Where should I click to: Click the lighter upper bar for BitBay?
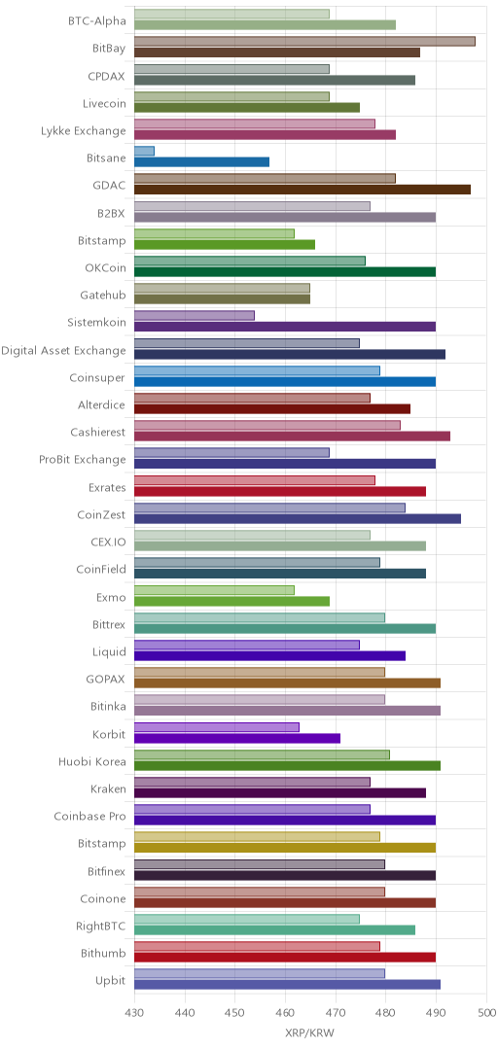305,42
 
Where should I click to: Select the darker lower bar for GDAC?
302,190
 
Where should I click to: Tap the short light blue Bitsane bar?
145,152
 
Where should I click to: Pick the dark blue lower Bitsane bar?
201,162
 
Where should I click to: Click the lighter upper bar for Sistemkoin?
195,316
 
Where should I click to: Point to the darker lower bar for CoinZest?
298,519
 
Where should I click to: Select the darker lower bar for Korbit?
237,739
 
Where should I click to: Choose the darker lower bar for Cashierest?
292,437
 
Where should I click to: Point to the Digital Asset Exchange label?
63,350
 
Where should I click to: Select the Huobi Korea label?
92,761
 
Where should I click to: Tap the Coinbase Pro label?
89,817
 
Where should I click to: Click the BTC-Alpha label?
96,20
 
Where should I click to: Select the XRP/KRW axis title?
310,1033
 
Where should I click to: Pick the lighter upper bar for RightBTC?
247,920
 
